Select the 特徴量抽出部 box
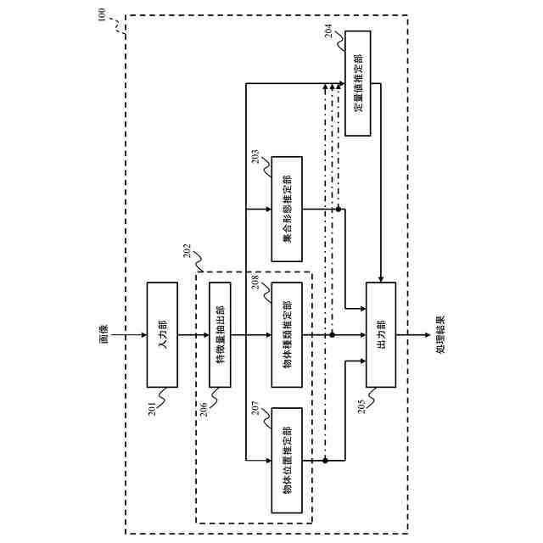coord(220,334)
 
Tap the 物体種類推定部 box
coord(287,334)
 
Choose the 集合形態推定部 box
coord(287,210)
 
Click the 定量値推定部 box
coord(359,83)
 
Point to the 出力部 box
coord(381,334)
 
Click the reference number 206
coord(204,406)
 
